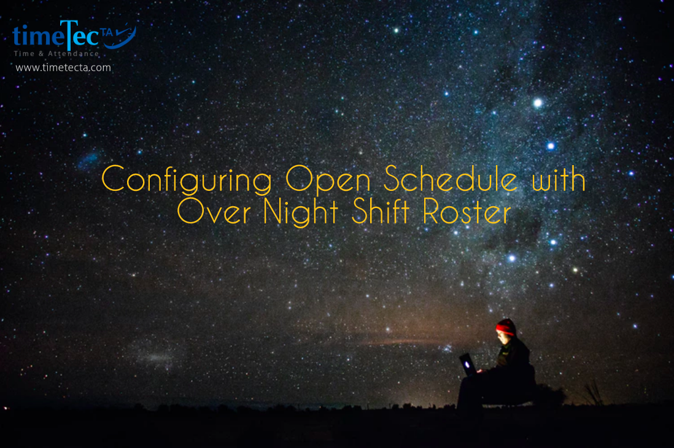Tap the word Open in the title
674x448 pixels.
pos(328,180)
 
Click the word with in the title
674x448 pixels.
pos(559,179)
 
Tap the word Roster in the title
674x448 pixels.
pos(467,211)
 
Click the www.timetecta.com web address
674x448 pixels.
pos(63,68)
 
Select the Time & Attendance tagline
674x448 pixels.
pos(56,54)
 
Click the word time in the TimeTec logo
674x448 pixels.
pos(38,36)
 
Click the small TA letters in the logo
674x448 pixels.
pos(106,33)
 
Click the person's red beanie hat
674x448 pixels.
pos(506,327)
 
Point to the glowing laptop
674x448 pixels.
pos(468,364)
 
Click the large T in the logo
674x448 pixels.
pos(69,34)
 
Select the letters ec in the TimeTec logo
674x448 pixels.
pos(87,37)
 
